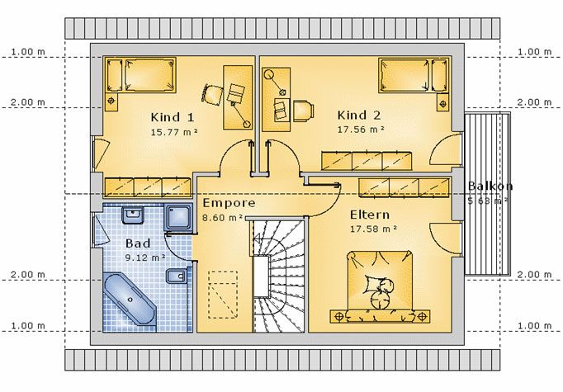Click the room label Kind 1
coord(173,117)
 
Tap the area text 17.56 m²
coord(361,130)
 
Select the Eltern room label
coord(370,215)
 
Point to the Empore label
coord(229,203)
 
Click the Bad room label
coord(138,243)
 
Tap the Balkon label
coord(490,186)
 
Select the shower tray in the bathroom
coord(177,218)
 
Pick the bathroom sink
coord(133,215)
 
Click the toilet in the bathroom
coord(176,276)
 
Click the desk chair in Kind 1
coord(211,94)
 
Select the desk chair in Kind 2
coord(304,111)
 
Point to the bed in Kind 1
coord(140,75)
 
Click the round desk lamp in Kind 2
coord(268,75)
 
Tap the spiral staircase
coord(278,276)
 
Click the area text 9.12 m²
coord(145,257)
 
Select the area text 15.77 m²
coord(174,132)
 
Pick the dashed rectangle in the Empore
coord(223,295)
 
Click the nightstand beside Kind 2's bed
coord(442,102)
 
